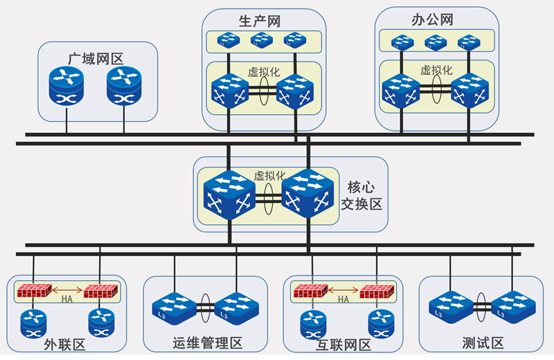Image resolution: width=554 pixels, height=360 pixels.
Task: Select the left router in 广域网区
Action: point(66,86)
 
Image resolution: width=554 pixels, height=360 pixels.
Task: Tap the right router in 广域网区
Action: point(124,86)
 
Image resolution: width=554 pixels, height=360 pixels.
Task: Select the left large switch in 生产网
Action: point(229,91)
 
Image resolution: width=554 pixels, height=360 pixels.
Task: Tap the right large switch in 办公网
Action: point(470,91)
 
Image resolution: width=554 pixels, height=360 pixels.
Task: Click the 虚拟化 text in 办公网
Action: point(436,70)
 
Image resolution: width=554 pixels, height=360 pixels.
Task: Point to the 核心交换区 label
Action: point(361,195)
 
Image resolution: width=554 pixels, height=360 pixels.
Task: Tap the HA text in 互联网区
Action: point(343,300)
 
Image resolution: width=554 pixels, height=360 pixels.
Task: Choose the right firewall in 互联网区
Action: point(377,291)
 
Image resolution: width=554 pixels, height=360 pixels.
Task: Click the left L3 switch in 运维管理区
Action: point(174,305)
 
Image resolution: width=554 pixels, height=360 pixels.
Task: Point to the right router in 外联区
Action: point(100,323)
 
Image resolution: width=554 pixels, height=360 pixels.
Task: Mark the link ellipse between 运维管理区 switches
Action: point(205,305)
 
